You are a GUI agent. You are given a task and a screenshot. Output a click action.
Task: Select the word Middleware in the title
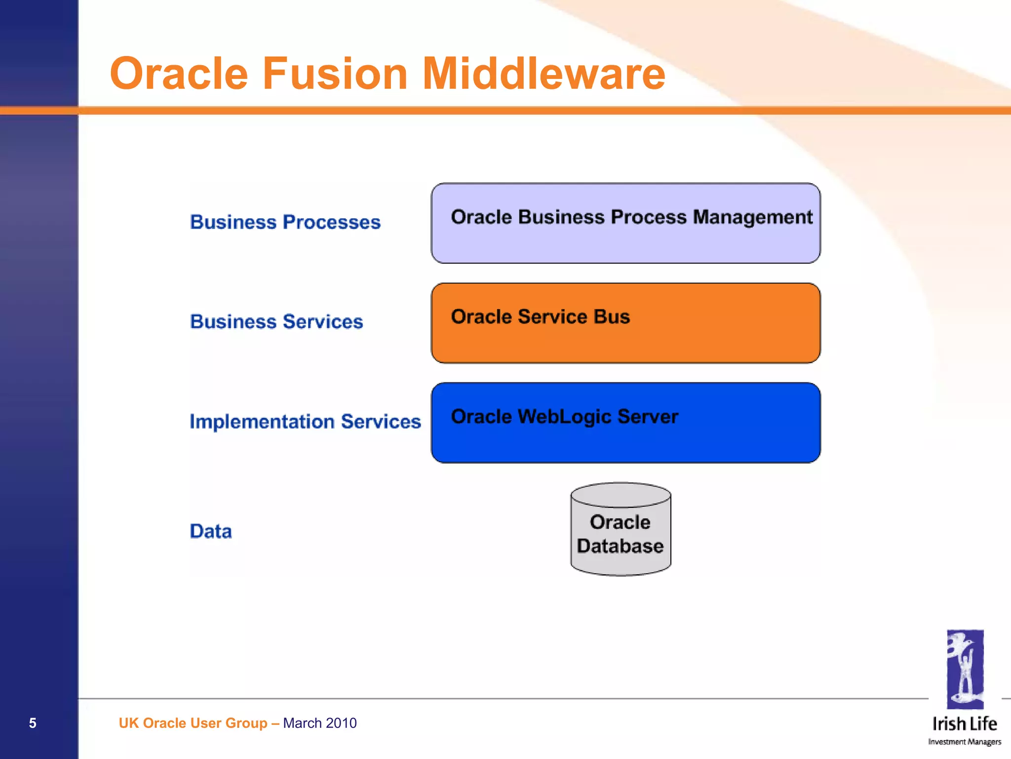click(544, 74)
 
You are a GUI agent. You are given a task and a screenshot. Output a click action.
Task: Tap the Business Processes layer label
click(285, 222)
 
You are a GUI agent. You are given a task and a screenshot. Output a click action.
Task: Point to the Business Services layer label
click(276, 322)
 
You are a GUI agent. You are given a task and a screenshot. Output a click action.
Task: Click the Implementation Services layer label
click(305, 422)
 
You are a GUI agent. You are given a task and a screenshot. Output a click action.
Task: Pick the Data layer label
click(211, 531)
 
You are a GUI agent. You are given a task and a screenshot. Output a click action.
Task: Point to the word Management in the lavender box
click(752, 217)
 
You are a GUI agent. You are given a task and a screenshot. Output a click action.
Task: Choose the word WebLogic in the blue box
click(565, 417)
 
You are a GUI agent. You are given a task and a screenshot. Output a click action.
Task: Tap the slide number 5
click(33, 723)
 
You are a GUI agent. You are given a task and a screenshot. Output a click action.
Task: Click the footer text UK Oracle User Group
click(193, 723)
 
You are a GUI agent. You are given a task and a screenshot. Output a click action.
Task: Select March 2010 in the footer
click(320, 723)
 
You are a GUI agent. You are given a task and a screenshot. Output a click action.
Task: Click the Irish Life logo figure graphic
click(965, 669)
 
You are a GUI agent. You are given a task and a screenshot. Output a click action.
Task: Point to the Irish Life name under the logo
click(965, 724)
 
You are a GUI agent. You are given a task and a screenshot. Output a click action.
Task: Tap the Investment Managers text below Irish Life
click(965, 742)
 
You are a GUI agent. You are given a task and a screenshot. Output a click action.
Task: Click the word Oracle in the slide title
click(179, 74)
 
